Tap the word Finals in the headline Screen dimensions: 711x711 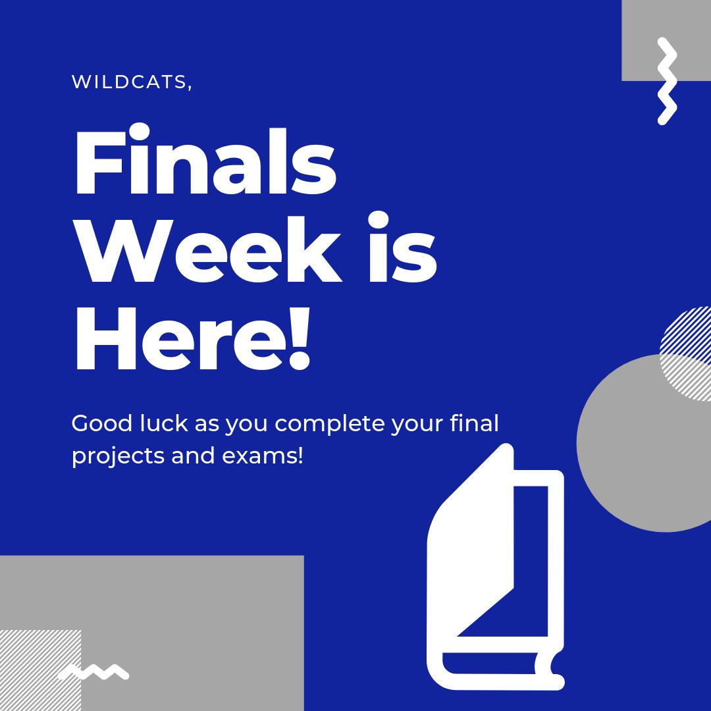pos(204,165)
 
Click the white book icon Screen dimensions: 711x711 pos(494,573)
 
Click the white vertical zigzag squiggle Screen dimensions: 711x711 pos(666,81)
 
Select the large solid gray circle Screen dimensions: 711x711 pos(632,454)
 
